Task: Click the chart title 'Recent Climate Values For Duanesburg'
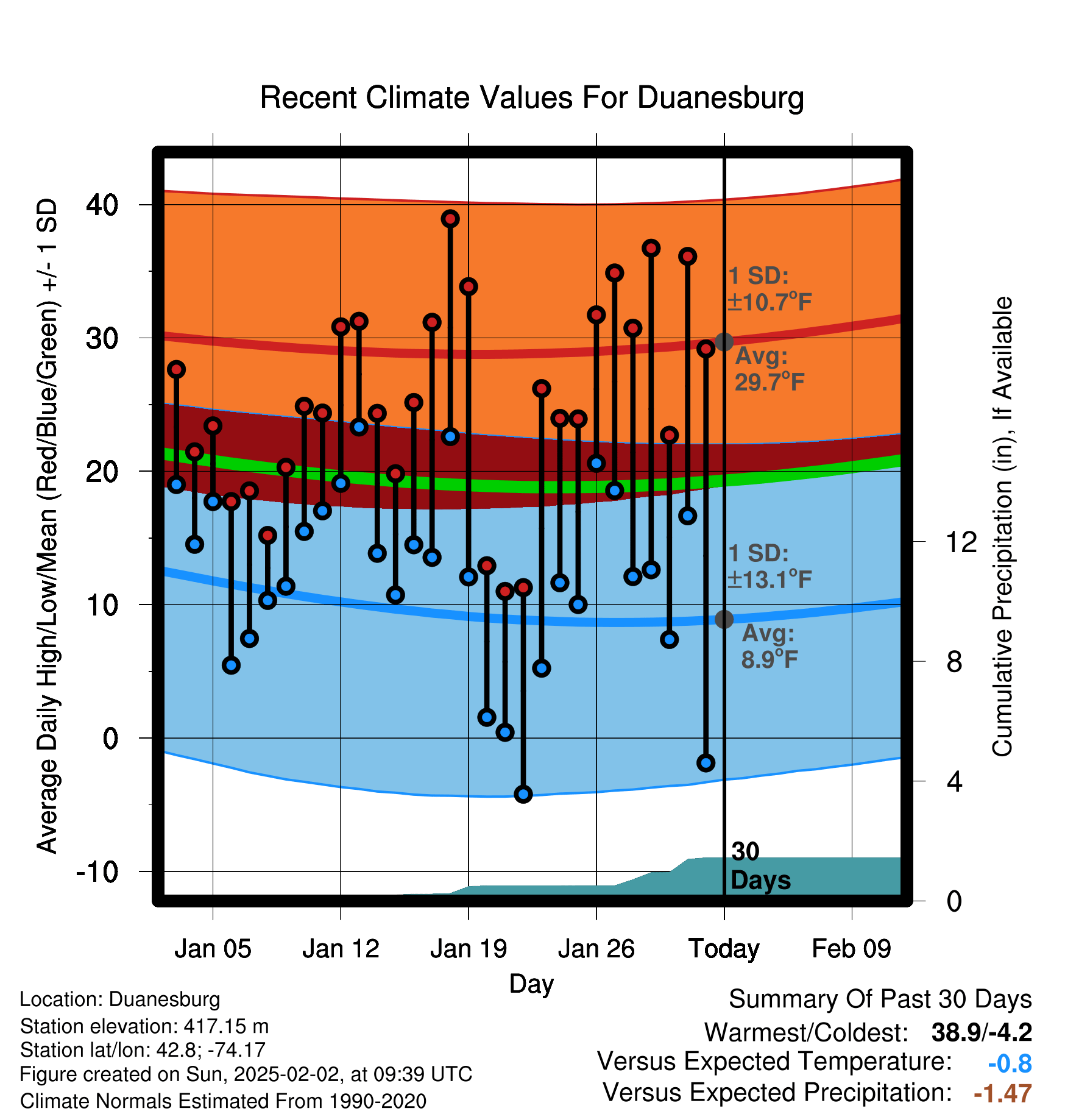(532, 98)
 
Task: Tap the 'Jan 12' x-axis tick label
(341, 949)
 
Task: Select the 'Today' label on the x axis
(724, 949)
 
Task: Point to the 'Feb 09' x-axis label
(851, 949)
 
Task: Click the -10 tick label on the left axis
(97, 872)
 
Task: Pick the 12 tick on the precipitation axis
(961, 542)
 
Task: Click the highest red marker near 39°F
(450, 219)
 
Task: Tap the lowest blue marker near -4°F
(523, 794)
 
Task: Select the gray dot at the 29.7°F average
(724, 342)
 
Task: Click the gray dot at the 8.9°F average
(724, 619)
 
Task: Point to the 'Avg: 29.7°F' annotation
(769, 369)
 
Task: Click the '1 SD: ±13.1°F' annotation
(770, 566)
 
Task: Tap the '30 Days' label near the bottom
(760, 866)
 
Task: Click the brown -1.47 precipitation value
(1003, 1094)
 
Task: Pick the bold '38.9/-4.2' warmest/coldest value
(982, 1032)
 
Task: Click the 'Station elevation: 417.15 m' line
(144, 1026)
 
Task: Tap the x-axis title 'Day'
(531, 984)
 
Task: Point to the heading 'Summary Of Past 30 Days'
(880, 999)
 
